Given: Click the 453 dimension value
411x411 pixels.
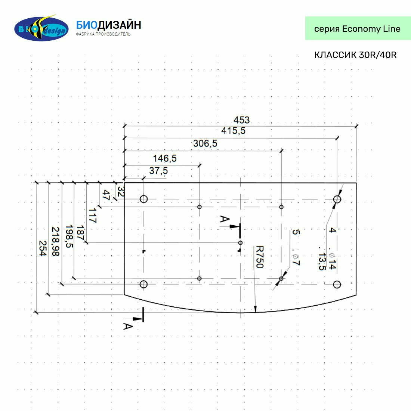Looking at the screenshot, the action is pyautogui.click(x=241, y=120).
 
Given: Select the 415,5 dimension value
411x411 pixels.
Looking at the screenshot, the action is pyautogui.click(x=234, y=131).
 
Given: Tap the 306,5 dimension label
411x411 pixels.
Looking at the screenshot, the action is pyautogui.click(x=205, y=143).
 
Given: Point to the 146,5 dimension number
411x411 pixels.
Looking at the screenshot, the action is pyautogui.click(x=165, y=158).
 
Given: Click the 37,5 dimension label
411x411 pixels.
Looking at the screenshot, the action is pyautogui.click(x=158, y=171).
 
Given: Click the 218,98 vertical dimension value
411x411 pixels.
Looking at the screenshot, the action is pyautogui.click(x=56, y=241).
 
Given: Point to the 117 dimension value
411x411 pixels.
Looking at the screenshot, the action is pyautogui.click(x=92, y=216).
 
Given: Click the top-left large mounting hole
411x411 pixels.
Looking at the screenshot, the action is pyautogui.click(x=143, y=199).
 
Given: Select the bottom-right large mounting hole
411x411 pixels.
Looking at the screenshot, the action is pyautogui.click(x=337, y=285).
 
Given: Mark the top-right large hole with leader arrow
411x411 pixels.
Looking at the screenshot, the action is pyautogui.click(x=337, y=199).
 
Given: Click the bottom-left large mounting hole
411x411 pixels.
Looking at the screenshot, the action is pyautogui.click(x=143, y=285).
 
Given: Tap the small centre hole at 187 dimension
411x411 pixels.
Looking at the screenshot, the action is pyautogui.click(x=240, y=243).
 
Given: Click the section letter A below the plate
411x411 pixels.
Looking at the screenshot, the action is pyautogui.click(x=128, y=326).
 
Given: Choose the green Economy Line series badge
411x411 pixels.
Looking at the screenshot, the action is pyautogui.click(x=358, y=28).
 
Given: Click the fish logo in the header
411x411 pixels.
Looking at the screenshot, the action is pyautogui.click(x=41, y=28).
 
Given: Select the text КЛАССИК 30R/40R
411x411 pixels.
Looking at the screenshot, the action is pyautogui.click(x=355, y=55).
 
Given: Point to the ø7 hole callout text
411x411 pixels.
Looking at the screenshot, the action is pyautogui.click(x=295, y=259).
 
